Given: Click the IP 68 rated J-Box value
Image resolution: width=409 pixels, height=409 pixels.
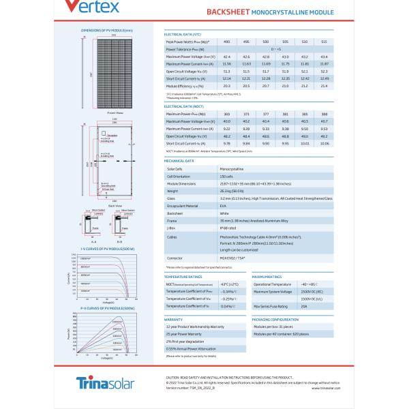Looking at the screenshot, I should pyautogui.click(x=227, y=227).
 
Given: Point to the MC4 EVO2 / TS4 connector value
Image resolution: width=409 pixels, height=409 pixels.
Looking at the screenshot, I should pyautogui.click(x=230, y=258).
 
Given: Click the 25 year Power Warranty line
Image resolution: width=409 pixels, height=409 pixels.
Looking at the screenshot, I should pyautogui.click(x=185, y=334).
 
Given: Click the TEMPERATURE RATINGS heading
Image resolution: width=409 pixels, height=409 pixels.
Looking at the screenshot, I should pyautogui.click(x=184, y=277).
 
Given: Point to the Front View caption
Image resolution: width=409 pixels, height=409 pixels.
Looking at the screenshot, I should pyautogui.click(x=115, y=112).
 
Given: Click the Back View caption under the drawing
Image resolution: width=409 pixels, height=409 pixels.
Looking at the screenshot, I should pyautogui.click(x=115, y=205).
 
